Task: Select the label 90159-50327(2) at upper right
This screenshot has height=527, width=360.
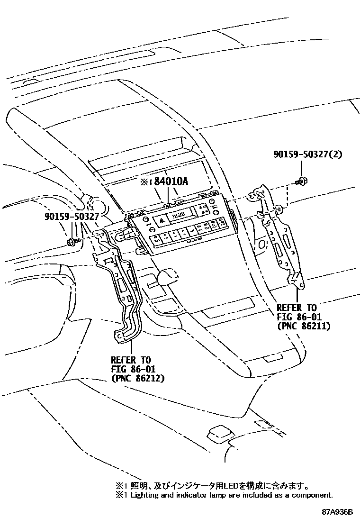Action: pyautogui.click(x=307, y=154)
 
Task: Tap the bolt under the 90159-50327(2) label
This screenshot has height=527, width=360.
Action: pyautogui.click(x=300, y=181)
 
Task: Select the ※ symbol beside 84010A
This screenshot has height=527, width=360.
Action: pyautogui.click(x=144, y=182)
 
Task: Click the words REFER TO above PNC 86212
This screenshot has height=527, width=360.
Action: pyautogui.click(x=131, y=359)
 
